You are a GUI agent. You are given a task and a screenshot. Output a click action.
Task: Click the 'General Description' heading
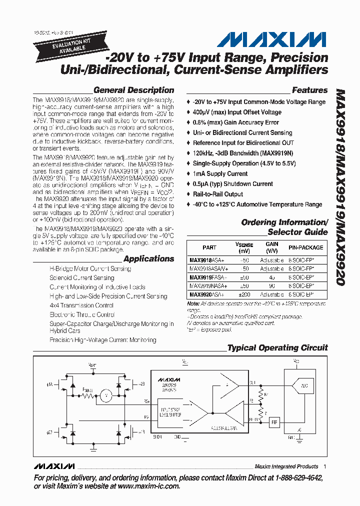[133, 90]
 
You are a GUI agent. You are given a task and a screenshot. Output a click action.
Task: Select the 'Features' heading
[309, 90]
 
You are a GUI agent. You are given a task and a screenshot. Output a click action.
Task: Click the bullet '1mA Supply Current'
[220, 173]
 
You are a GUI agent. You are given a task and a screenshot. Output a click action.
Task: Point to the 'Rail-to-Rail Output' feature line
[218, 194]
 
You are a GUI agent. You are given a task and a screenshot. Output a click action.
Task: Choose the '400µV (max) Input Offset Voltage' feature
[237, 112]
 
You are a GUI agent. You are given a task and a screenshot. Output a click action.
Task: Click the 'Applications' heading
[148, 258]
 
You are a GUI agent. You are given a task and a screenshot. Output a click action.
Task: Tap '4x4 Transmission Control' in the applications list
[81, 305]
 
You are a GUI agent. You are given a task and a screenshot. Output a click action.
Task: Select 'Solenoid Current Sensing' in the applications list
[82, 277]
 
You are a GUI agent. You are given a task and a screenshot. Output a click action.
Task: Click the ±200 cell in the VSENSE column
[244, 295]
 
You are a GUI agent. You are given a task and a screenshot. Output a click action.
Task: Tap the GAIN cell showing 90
[272, 285]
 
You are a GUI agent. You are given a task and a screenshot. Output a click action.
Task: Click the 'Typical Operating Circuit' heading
[277, 348]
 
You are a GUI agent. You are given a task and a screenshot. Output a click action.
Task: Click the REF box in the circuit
[274, 422]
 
